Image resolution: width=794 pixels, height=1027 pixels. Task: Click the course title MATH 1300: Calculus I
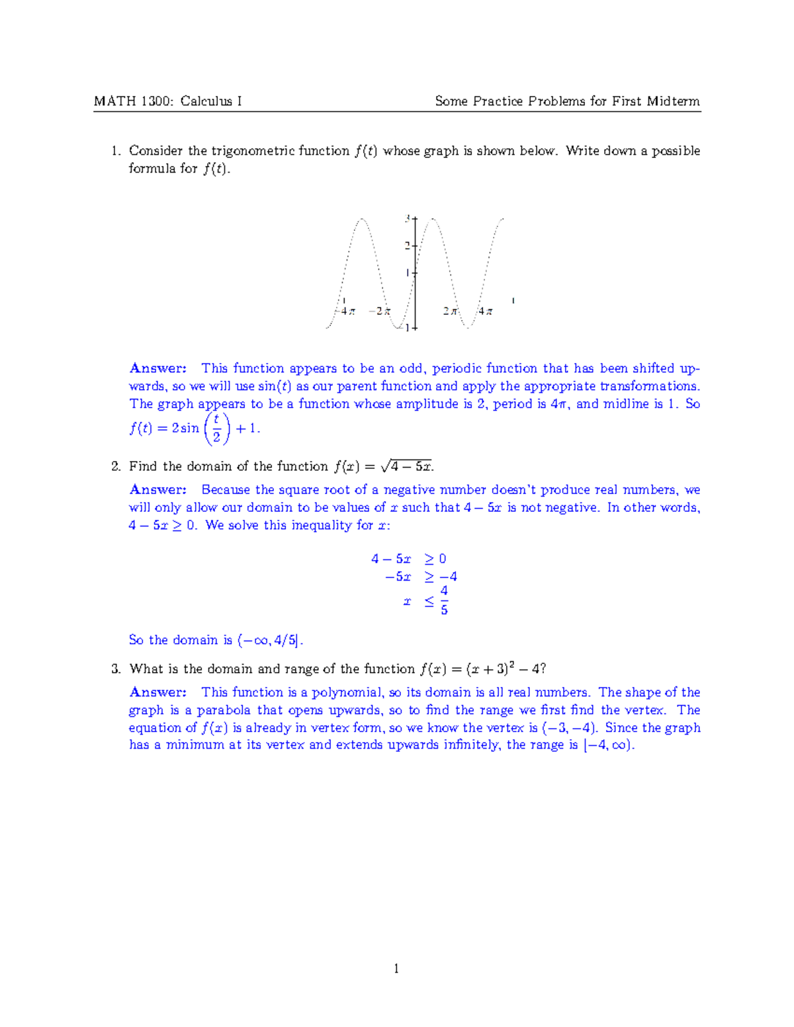167,101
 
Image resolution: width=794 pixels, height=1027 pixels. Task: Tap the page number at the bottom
396,969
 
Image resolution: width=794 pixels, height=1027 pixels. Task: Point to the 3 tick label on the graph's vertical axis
408,218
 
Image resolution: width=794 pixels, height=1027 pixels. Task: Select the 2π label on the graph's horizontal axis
451,311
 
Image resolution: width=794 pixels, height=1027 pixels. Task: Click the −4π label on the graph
345,311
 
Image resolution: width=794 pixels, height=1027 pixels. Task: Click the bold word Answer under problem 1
158,368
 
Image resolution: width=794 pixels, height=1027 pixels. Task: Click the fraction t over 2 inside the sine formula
216,429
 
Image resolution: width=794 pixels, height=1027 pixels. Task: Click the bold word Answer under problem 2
158,490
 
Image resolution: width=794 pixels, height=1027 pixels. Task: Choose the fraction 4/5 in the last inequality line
444,600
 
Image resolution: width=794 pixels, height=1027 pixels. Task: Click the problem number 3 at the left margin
116,669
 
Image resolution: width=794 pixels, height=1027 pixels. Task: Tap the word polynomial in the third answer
347,692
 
